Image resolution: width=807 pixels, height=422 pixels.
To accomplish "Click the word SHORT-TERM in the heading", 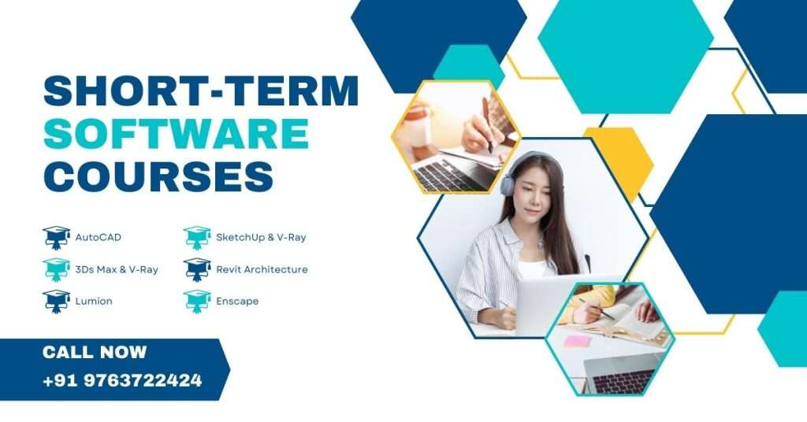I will coord(201,91).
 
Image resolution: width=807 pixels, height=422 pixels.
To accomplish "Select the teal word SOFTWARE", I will coord(176,134).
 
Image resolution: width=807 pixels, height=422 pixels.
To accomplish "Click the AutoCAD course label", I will coord(99,237).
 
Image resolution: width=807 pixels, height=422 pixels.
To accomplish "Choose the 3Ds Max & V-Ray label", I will coord(117,269).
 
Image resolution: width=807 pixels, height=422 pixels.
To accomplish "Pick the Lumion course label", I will coord(94,301).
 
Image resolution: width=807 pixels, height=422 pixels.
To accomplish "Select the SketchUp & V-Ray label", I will coord(261,237).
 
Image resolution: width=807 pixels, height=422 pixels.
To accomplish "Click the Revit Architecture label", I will coord(262,269).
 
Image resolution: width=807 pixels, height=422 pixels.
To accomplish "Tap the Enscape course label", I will coord(237,301).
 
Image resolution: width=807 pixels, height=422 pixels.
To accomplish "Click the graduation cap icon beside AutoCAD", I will coord(56,236).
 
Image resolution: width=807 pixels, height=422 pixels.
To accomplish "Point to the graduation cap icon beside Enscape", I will coord(197,300).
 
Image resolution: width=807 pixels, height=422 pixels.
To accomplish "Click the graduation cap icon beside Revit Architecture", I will coord(197,268).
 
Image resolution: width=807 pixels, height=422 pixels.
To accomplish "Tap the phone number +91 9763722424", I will coord(122,381).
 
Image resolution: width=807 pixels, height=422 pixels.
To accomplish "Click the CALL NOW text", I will coord(95,352).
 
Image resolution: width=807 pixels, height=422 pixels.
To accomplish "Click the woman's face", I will coord(534,196).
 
